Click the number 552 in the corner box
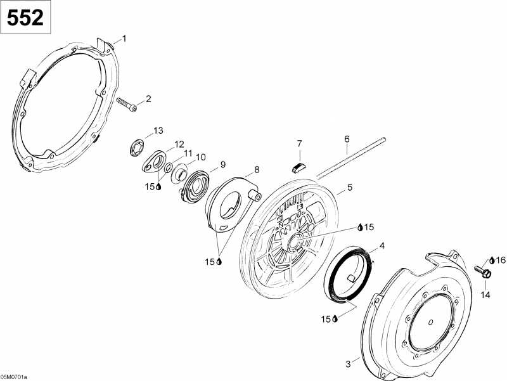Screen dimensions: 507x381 coord(25,18)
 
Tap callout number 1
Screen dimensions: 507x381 coord(124,39)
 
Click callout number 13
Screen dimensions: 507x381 coord(158,131)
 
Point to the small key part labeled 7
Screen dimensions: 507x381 coord(298,167)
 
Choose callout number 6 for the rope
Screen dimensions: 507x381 coord(347,139)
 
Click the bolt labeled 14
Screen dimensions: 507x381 coord(484,271)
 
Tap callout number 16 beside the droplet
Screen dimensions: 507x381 coord(500,260)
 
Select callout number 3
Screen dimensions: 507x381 coord(348,364)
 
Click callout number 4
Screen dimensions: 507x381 coord(382,246)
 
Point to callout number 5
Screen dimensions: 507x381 coord(350,187)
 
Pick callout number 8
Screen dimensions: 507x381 coord(257,169)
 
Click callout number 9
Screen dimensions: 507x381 coord(223,165)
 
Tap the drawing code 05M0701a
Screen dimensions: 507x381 coord(14,377)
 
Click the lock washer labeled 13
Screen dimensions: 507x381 coord(136,148)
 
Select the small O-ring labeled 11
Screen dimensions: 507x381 coord(169,168)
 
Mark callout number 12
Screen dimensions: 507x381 coord(179,145)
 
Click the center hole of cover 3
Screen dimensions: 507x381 coord(430,322)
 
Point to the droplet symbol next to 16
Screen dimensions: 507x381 coord(492,260)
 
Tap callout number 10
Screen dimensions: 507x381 coord(200,157)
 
